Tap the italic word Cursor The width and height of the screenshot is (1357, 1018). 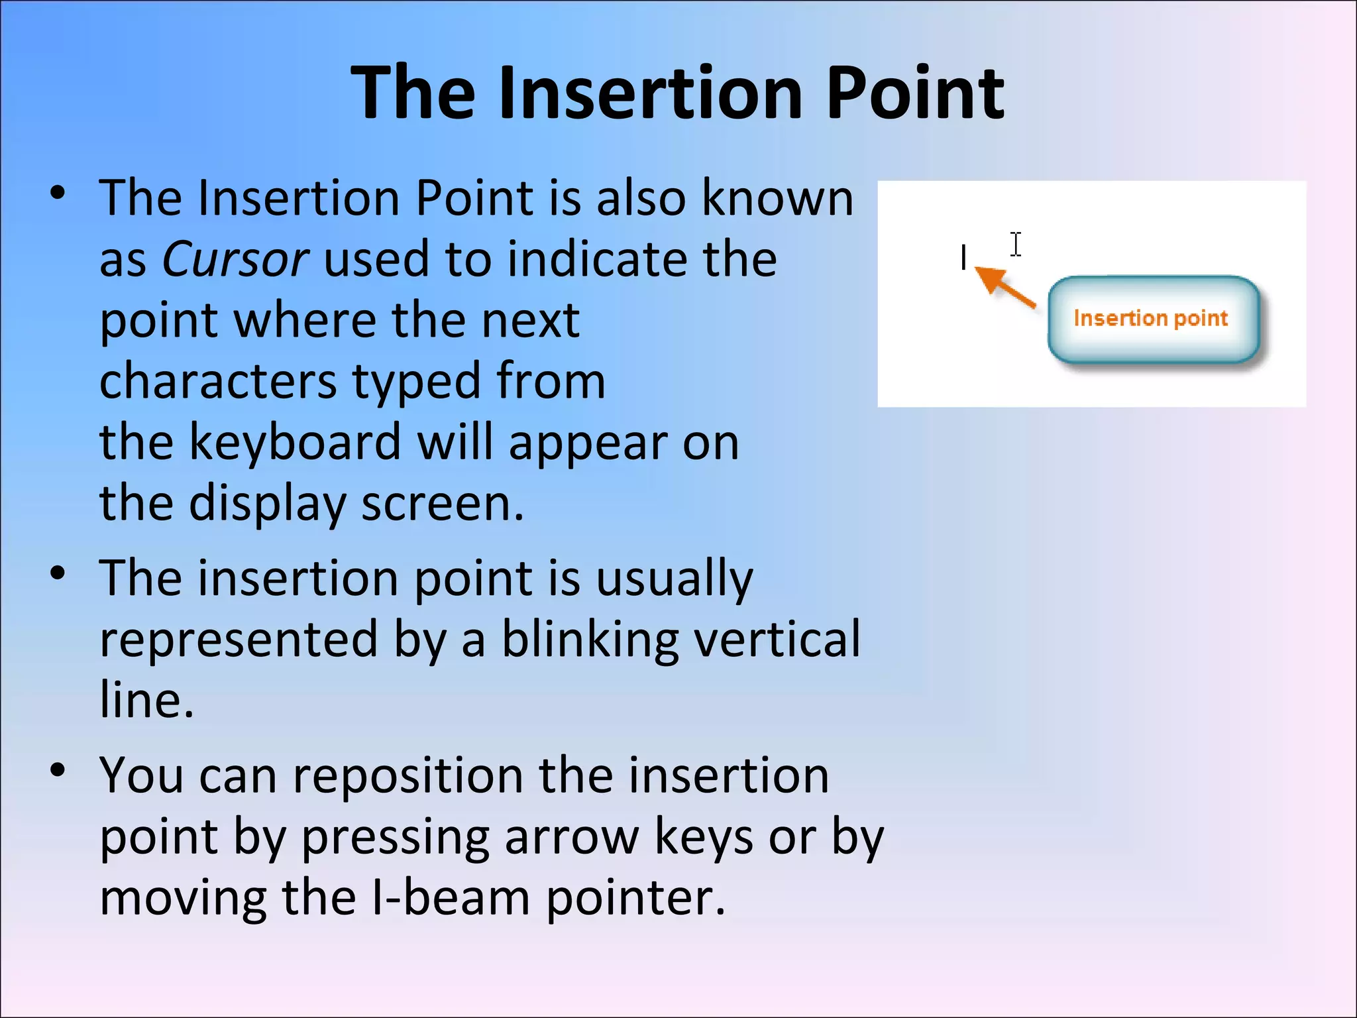tap(235, 258)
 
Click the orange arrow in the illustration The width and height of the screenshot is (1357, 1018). tap(1004, 287)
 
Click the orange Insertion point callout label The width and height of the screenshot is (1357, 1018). tap(1151, 319)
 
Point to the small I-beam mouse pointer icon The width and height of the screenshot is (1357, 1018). tap(1016, 245)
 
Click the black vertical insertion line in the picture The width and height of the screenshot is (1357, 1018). tap(963, 257)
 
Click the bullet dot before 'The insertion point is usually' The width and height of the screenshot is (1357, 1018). tap(58, 573)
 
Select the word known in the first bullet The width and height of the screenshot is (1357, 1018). tap(778, 198)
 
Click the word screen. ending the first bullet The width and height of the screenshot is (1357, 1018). tap(442, 504)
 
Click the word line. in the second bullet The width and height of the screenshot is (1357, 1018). tap(146, 700)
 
